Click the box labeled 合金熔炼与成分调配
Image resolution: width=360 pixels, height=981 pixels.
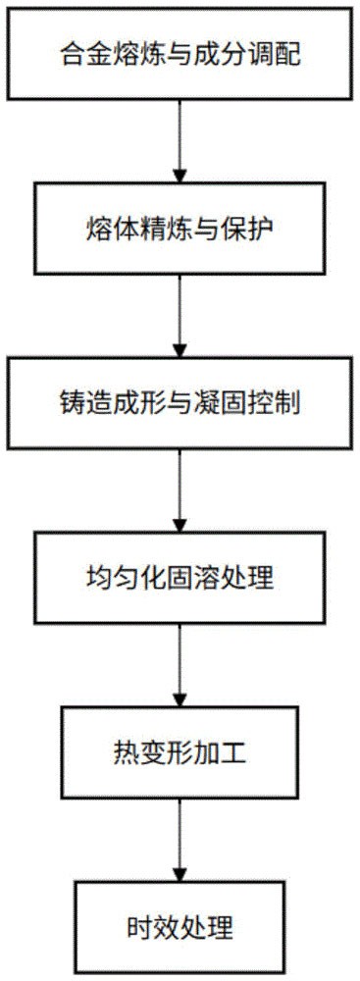[x=180, y=54]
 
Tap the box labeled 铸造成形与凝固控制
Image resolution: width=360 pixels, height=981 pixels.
[x=180, y=403]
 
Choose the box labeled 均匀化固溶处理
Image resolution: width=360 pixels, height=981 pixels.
[x=180, y=578]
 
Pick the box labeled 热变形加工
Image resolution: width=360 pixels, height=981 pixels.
[x=180, y=752]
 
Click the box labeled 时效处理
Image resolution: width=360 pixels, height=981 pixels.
[x=180, y=925]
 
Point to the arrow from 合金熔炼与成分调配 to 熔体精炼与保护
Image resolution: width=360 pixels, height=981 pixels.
[x=180, y=141]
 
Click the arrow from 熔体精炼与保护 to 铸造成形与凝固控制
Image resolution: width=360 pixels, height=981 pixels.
[x=180, y=316]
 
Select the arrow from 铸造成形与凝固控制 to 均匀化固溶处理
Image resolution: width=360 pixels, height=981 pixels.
[x=180, y=490]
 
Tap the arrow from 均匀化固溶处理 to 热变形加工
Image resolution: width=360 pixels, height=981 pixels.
[x=180, y=665]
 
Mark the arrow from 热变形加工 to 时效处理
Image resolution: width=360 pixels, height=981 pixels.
[x=180, y=840]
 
